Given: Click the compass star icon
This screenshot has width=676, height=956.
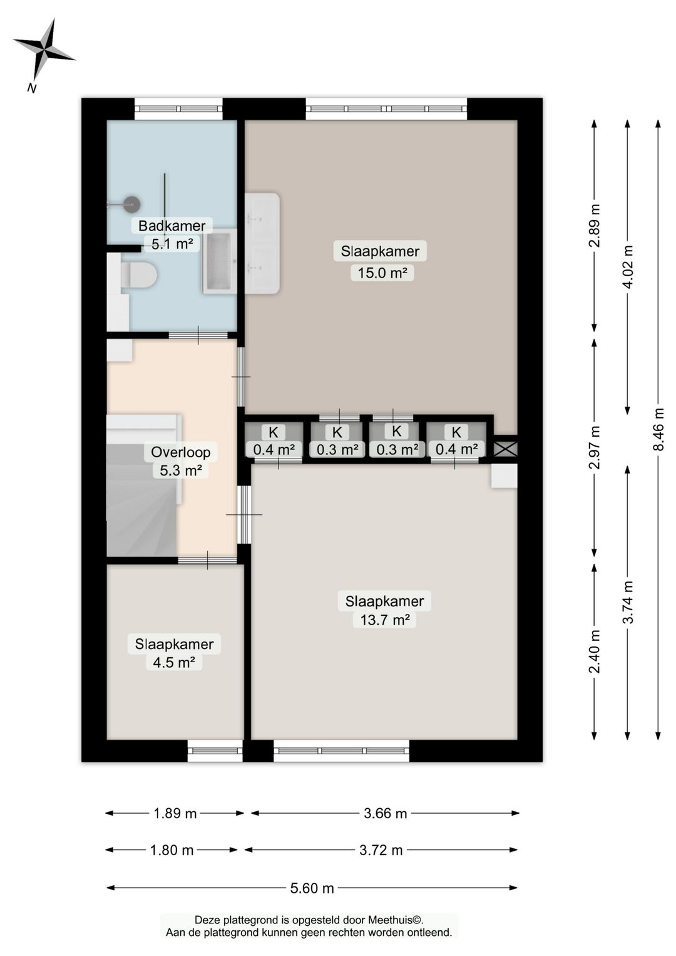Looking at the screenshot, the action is (x=44, y=51).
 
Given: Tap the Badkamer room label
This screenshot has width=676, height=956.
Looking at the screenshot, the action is (x=172, y=226).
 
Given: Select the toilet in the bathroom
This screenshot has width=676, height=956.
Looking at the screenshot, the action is (x=138, y=275).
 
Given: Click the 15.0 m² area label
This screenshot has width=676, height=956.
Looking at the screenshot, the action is (x=382, y=273).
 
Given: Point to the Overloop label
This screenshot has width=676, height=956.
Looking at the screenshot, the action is (x=180, y=452).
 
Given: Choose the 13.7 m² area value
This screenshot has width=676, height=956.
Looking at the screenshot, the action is (x=385, y=619).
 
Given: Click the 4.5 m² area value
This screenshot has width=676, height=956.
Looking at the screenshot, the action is (x=174, y=662).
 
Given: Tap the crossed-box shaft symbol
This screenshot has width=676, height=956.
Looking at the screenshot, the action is (x=505, y=449).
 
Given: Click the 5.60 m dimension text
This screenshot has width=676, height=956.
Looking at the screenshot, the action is (x=312, y=888).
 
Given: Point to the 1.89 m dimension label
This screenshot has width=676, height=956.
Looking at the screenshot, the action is (x=175, y=813).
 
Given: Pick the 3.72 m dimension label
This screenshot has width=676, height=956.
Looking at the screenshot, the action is (x=381, y=849).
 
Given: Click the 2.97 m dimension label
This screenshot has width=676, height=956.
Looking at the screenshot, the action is (x=594, y=447).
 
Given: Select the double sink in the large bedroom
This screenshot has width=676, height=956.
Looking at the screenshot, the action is (x=262, y=243).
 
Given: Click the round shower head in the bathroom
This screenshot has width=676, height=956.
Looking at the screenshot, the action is (x=132, y=204).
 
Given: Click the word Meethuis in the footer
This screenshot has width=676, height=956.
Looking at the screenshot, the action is (x=396, y=919).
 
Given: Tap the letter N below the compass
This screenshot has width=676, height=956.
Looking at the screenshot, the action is (x=31, y=88).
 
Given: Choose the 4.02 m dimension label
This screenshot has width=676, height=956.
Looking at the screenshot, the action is (x=628, y=268).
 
